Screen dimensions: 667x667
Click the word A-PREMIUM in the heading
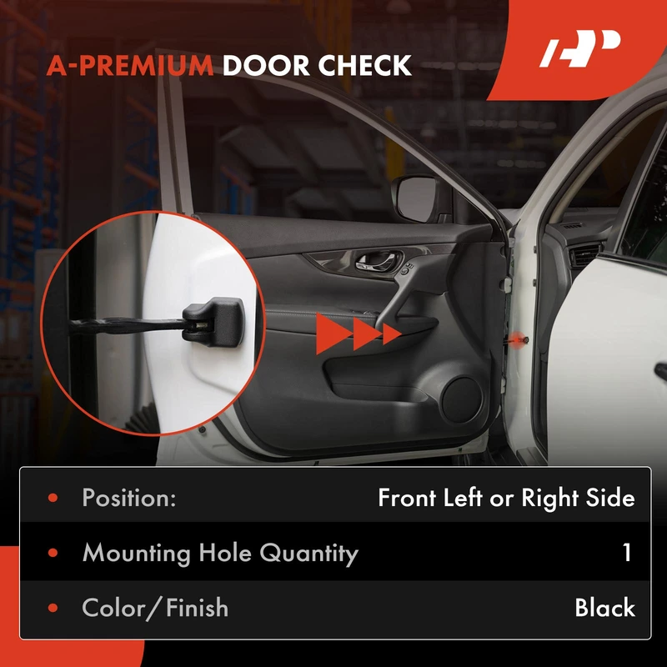(130, 66)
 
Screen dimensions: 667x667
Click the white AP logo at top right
(579, 48)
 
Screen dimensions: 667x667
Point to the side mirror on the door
(419, 199)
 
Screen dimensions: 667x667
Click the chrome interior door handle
(379, 261)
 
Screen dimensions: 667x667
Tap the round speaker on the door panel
(462, 400)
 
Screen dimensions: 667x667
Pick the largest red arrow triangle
(333, 334)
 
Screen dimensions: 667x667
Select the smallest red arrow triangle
(391, 334)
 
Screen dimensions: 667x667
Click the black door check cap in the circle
(213, 322)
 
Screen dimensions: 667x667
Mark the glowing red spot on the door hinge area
(516, 339)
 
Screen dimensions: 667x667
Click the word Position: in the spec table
(129, 497)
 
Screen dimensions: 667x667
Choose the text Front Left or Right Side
(506, 498)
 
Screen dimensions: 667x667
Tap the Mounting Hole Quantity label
(220, 553)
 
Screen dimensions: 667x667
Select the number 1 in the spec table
(627, 552)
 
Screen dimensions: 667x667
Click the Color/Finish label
(155, 608)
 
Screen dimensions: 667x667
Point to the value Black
(605, 607)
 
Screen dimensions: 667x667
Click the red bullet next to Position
(53, 498)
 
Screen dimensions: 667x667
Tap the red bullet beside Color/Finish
(53, 608)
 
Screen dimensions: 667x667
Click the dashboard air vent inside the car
(585, 254)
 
